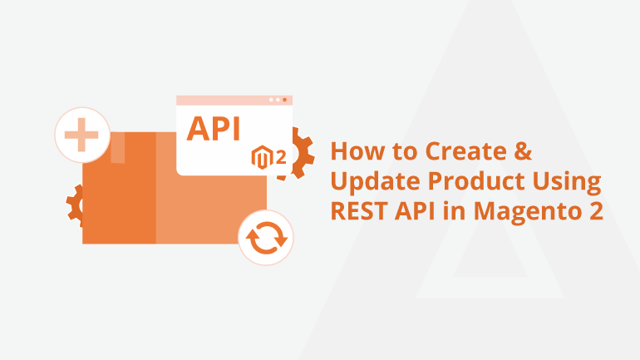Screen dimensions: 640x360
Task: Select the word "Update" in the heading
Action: [375, 181]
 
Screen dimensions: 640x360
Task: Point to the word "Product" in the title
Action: [476, 180]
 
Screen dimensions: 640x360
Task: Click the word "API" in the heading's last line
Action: [415, 210]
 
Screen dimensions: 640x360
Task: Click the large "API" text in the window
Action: [213, 129]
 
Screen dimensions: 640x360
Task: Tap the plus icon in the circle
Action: [81, 135]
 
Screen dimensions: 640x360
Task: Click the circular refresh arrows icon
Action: [266, 238]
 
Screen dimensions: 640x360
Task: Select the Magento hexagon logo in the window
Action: [262, 157]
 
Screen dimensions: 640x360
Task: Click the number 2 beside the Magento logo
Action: [281, 157]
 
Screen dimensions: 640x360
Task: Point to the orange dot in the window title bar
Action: [284, 100]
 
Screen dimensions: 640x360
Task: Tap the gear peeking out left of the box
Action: [75, 205]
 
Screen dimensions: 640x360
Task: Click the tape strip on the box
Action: [117, 147]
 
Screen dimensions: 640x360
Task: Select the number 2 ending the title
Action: [596, 211]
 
